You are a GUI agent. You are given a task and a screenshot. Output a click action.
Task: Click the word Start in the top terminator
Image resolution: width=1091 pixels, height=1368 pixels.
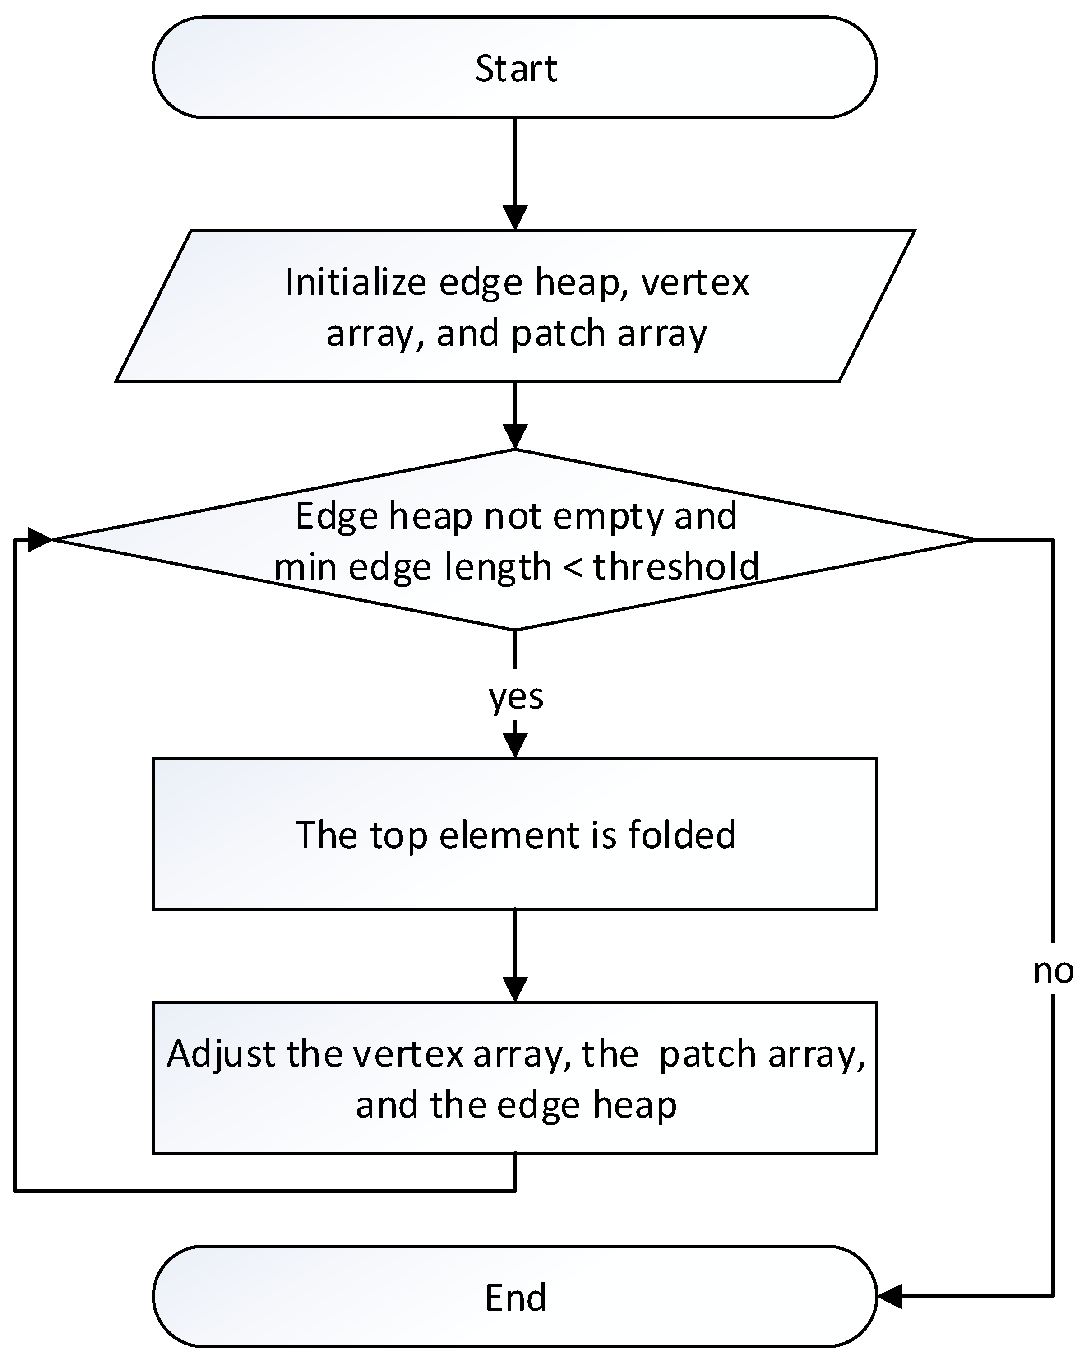pyautogui.click(x=516, y=69)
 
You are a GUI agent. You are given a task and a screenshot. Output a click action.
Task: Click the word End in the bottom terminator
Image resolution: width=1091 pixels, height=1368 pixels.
pyautogui.click(x=515, y=1298)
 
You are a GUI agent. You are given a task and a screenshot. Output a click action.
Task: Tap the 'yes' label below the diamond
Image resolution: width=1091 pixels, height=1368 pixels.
pyautogui.click(x=516, y=697)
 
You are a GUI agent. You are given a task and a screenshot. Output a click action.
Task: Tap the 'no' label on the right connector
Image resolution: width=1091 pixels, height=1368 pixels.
pyautogui.click(x=1053, y=971)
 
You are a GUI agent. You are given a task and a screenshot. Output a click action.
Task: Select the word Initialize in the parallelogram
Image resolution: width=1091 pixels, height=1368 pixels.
pyautogui.click(x=355, y=283)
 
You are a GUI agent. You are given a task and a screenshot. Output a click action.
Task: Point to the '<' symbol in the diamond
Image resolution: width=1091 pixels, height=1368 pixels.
pyautogui.click(x=572, y=566)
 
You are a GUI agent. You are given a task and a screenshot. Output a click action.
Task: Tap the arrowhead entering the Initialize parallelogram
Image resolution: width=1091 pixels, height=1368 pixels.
pyautogui.click(x=515, y=218)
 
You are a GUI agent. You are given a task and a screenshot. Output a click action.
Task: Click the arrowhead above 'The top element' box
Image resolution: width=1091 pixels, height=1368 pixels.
pyautogui.click(x=515, y=746)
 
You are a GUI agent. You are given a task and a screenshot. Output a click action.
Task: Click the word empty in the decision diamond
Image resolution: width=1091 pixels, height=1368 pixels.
pyautogui.click(x=608, y=516)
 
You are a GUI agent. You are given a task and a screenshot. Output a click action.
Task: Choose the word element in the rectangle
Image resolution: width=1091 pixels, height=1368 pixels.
pyautogui.click(x=510, y=835)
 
